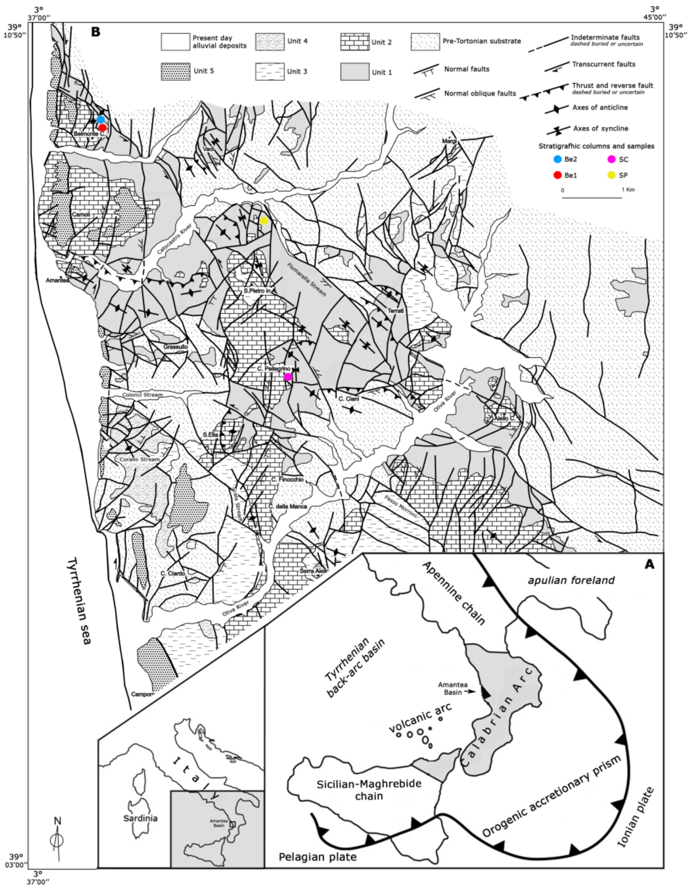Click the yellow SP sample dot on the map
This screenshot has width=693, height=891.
264,221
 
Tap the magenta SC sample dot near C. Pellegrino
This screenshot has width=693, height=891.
288,377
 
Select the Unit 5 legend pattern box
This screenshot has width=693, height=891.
175,71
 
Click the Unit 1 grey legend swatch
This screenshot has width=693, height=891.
355,72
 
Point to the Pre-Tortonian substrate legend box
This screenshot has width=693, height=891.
425,42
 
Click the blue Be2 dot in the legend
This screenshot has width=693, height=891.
557,160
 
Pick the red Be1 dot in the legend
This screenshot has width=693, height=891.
557,175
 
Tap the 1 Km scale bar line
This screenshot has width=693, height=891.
592,198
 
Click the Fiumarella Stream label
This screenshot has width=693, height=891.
306,279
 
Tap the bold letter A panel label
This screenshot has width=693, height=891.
649,564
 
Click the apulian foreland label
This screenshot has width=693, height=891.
571,580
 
